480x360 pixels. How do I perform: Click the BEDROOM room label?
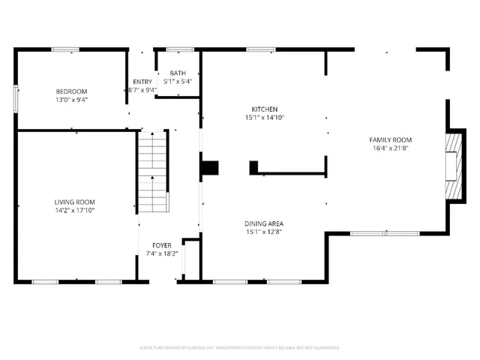(x=71, y=91)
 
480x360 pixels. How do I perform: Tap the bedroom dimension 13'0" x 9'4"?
(x=71, y=99)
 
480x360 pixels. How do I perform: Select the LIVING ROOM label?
(x=74, y=202)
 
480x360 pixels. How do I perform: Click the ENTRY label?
(x=142, y=82)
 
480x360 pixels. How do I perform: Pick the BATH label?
(x=177, y=73)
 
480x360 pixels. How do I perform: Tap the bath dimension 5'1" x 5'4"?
(x=177, y=81)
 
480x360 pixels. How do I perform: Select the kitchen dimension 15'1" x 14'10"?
(x=264, y=117)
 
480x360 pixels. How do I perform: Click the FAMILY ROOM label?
(x=390, y=139)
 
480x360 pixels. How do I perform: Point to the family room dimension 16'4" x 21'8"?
(x=390, y=148)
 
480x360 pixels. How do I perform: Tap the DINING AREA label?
(x=264, y=223)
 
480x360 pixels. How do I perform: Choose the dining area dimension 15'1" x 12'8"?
(x=264, y=232)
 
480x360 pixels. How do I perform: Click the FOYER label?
(x=162, y=245)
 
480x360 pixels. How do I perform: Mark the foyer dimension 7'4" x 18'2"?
(x=162, y=253)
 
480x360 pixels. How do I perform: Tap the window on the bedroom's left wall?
(x=16, y=99)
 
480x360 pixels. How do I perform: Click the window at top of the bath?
(x=180, y=50)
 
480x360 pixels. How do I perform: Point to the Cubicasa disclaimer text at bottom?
(x=240, y=347)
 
